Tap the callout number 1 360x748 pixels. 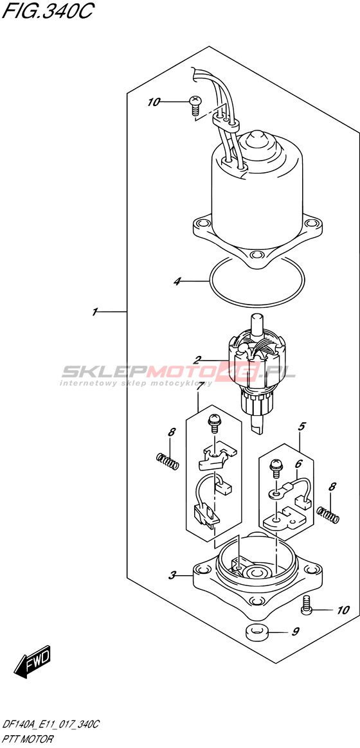point(95,312)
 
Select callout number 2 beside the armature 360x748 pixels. point(197,359)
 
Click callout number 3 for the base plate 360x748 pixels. point(177,281)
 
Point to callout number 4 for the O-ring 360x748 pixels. point(301,427)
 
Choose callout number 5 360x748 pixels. point(298,463)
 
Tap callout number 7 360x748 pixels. point(296,632)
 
